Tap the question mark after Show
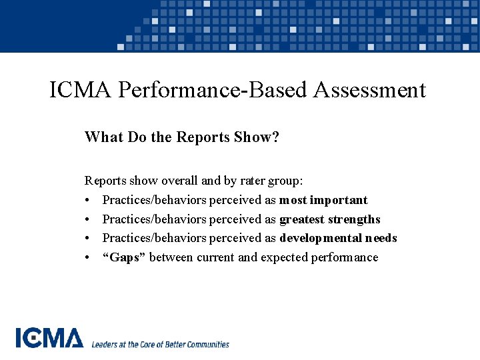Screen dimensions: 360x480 tap(275, 137)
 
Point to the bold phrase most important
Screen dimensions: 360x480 tap(323, 200)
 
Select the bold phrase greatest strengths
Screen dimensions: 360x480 tap(330, 219)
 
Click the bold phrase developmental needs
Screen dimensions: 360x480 tap(338, 238)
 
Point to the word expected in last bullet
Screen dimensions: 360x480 tap(284, 257)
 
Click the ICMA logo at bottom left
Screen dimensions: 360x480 tap(50, 339)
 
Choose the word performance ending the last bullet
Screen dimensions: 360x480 tap(345, 257)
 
